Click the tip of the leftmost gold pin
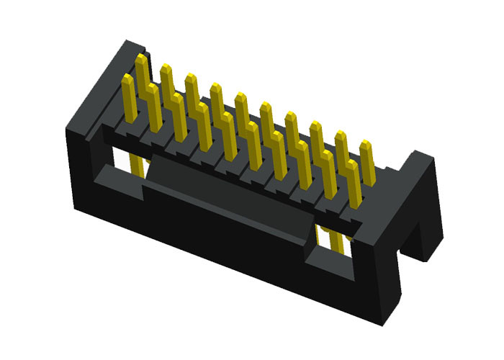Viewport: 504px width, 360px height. pos(127,78)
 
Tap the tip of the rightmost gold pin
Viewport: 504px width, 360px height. pos(366,145)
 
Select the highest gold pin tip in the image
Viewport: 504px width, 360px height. pos(140,57)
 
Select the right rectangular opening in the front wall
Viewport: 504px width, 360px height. pos(332,245)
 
